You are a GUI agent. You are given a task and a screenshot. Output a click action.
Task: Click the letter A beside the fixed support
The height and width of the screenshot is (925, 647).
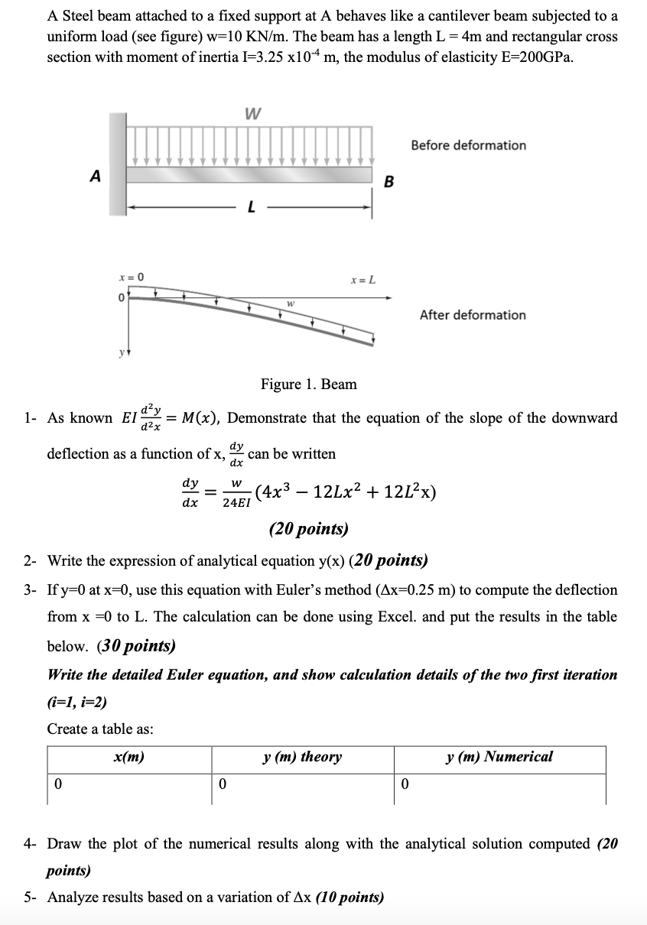(x=95, y=176)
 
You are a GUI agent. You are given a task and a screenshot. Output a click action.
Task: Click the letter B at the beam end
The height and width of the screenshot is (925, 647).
(x=389, y=182)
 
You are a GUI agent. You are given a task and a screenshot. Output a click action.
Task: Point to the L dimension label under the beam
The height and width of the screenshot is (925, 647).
(x=250, y=208)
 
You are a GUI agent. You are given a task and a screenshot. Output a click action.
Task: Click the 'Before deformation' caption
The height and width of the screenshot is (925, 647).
(x=468, y=145)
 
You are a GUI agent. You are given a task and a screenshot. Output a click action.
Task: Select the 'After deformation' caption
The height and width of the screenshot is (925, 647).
(x=473, y=315)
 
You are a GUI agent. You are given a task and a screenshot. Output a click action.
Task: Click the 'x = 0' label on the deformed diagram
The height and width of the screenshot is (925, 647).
(x=132, y=276)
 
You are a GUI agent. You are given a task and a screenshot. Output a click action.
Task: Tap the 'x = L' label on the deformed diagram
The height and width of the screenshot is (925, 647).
(x=363, y=280)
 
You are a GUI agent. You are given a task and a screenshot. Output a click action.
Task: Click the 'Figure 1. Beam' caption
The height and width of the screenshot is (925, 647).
(x=308, y=384)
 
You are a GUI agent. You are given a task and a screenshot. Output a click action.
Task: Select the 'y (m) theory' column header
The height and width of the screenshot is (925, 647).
(x=301, y=757)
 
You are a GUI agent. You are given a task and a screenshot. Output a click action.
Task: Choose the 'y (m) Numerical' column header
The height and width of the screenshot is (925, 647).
(x=499, y=757)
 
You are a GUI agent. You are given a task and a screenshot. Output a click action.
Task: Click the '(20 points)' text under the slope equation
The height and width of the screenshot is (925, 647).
(x=308, y=529)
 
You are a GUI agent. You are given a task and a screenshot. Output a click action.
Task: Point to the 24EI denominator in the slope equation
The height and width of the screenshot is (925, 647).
(x=236, y=503)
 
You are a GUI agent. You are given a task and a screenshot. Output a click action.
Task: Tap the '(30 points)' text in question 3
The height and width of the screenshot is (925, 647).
(x=136, y=646)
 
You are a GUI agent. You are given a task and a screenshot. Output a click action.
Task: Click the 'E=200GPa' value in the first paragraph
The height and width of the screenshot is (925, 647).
(x=532, y=58)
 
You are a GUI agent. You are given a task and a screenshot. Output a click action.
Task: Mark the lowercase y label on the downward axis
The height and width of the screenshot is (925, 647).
(x=120, y=355)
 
